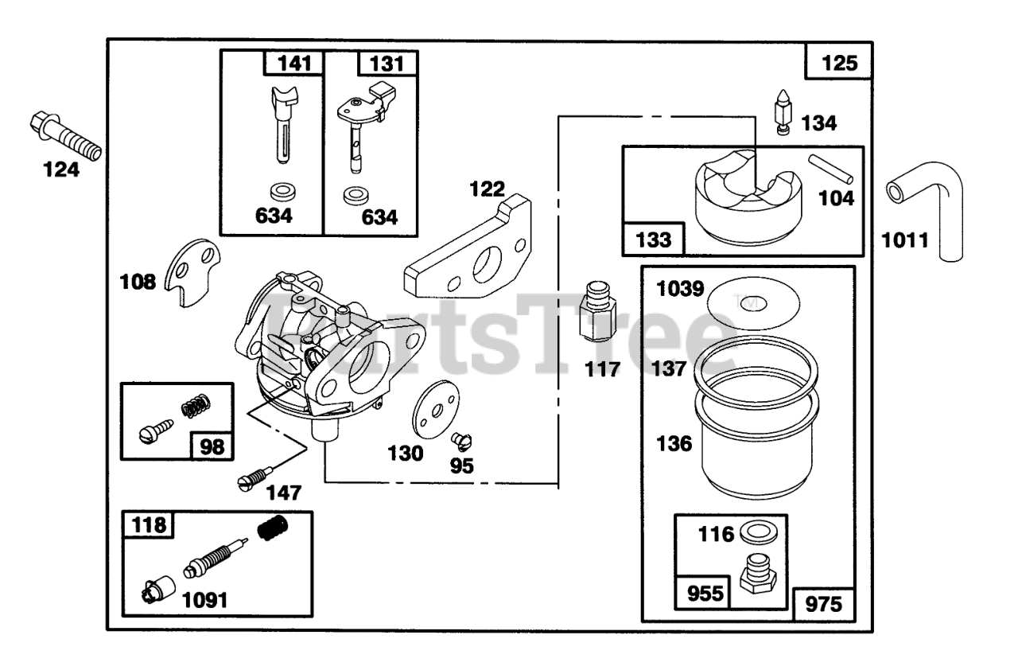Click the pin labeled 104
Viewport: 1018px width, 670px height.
coord(831,167)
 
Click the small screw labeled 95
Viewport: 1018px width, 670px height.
coord(459,438)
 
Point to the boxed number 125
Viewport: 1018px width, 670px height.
coord(840,62)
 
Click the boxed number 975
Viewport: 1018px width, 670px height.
coord(823,604)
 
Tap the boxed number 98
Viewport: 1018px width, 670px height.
coord(212,446)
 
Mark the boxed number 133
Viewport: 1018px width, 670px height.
coord(654,238)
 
